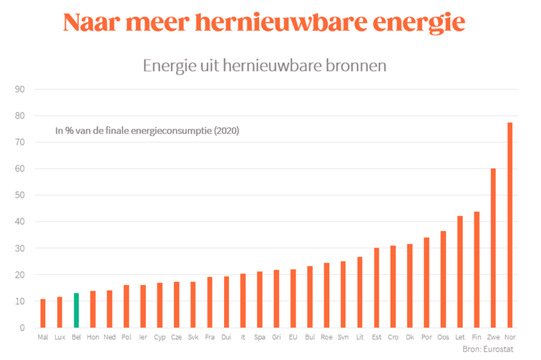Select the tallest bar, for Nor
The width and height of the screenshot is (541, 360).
pyautogui.click(x=510, y=225)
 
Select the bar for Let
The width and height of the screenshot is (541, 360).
pyautogui.click(x=460, y=272)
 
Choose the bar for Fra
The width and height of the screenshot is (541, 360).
pyautogui.click(x=210, y=302)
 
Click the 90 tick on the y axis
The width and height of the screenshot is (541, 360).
pyautogui.click(x=20, y=89)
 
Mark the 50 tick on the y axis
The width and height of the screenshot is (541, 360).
pyautogui.click(x=20, y=195)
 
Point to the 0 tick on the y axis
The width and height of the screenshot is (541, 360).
pyautogui.click(x=22, y=328)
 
